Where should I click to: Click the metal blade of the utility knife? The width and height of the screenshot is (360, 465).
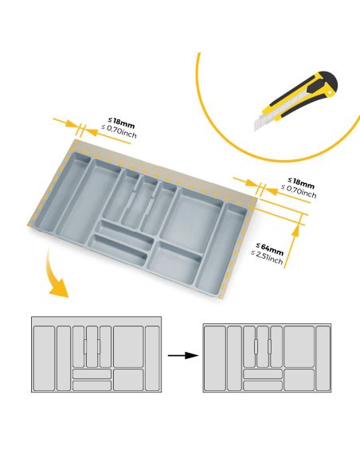click(261, 122)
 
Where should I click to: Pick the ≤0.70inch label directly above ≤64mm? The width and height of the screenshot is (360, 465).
click(299, 193)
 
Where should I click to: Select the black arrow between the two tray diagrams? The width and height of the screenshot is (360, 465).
click(182, 355)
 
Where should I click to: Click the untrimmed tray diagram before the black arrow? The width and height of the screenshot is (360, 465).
click(96, 355)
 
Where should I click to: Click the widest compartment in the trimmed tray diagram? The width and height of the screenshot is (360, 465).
click(299, 344)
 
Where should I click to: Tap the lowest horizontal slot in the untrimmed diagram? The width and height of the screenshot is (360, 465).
click(92, 385)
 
